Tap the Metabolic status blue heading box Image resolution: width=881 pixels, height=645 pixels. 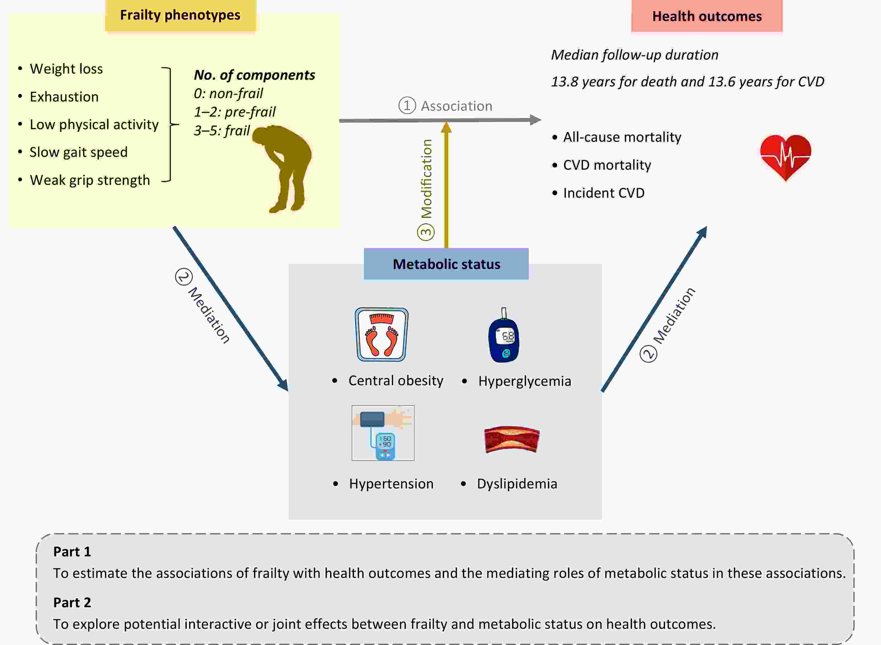[x=446, y=264]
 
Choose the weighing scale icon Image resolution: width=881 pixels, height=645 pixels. [x=381, y=335]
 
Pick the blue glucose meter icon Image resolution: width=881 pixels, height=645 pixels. [x=504, y=338]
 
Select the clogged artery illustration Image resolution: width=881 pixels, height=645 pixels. [x=512, y=439]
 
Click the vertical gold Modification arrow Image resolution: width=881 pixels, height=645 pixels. [x=446, y=187]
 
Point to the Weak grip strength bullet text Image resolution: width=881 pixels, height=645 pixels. [x=90, y=180]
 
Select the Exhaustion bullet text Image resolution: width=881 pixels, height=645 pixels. [x=64, y=97]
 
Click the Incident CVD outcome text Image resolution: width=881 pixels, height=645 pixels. [x=603, y=193]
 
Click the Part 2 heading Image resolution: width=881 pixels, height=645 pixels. [x=72, y=603]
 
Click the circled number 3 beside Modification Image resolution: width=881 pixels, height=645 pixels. [x=426, y=232]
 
